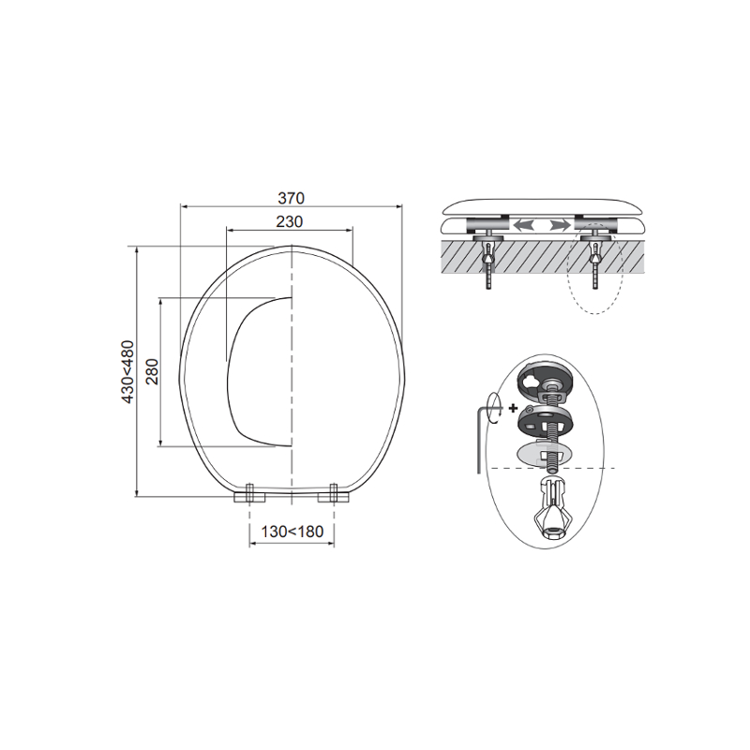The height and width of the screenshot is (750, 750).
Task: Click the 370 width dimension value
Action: pos(291,198)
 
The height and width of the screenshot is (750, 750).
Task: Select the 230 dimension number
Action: pos(290,222)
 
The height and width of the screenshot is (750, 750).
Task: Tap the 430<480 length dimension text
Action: pos(127,371)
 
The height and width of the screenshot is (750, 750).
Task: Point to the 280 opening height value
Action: pos(152,371)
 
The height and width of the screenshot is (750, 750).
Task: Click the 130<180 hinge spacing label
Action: pos(292,532)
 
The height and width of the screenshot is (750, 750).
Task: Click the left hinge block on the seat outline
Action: pos(249,495)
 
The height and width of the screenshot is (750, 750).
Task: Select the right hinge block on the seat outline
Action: pos(334,495)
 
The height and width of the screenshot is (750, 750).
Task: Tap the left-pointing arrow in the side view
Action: pos(523,224)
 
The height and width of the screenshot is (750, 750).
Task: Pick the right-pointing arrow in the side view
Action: pos(560,224)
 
